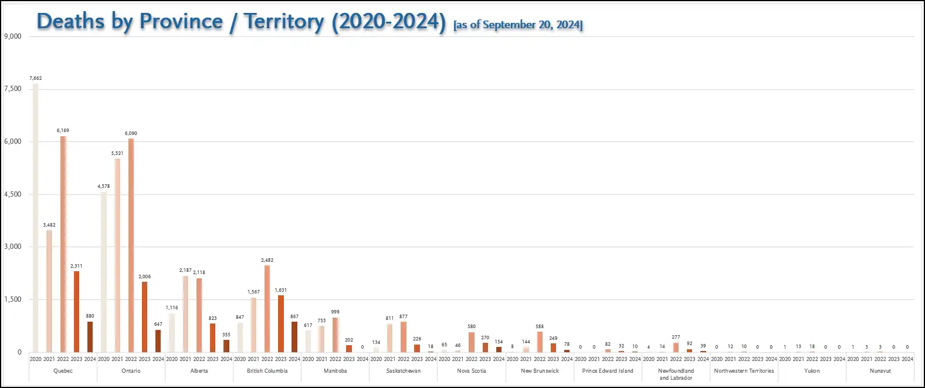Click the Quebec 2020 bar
36,217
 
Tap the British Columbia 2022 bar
267,309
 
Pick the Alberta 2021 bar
185,314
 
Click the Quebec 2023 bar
76,311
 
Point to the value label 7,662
36,78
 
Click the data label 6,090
131,133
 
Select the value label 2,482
267,260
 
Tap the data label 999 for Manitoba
335,312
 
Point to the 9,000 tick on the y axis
13,36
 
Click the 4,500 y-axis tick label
13,194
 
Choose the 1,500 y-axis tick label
13,299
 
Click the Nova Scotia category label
472,371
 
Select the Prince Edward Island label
608,371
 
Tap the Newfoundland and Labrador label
676,374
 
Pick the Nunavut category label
880,371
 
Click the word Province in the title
181,22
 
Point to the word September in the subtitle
509,25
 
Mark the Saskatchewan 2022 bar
404,337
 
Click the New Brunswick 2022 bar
540,342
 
